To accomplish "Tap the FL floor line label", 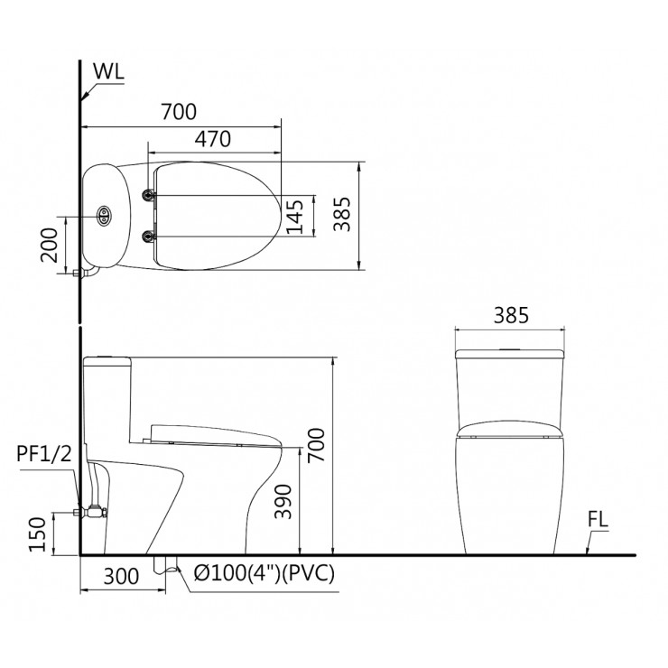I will tap(598, 521).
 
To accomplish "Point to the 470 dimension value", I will tap(213, 139).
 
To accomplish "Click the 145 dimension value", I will tap(293, 216).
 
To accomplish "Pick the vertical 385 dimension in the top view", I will tap(339, 216).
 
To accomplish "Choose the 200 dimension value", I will tap(50, 244).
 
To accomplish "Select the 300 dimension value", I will tap(122, 576).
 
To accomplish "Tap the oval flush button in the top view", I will tap(104, 216).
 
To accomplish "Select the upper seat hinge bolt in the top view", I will tap(149, 194).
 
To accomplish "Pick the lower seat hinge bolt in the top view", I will tap(149, 237).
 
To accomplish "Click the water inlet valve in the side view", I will tap(91, 512).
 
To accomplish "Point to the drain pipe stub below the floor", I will tap(164, 563).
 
